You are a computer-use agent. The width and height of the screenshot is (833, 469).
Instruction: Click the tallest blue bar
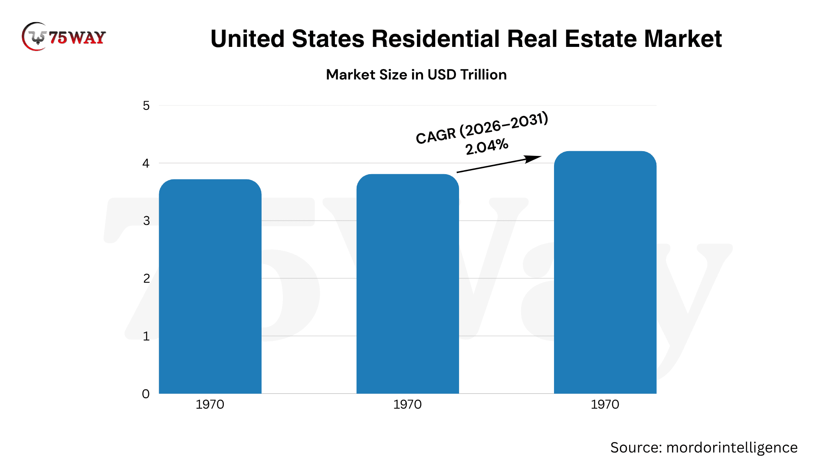tap(605, 272)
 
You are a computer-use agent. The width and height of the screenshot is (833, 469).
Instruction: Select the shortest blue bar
tap(210, 287)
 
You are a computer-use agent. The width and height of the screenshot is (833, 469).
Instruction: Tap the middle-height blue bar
tap(408, 284)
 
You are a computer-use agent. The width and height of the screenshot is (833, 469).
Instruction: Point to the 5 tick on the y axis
tap(146, 106)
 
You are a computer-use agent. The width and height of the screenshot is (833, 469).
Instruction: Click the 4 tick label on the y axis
tap(146, 163)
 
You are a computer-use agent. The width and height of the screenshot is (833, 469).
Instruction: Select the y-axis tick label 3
tap(146, 221)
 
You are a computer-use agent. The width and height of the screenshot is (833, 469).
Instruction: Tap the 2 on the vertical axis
tap(146, 278)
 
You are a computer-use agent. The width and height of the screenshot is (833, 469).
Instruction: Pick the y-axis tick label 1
tap(146, 336)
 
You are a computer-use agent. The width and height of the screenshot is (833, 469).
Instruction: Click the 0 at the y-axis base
tap(146, 394)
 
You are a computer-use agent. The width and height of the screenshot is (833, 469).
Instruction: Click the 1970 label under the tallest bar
tap(605, 404)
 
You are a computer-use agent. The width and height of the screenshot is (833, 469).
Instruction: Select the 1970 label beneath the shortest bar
tap(210, 404)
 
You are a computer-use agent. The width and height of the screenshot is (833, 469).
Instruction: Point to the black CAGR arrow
tap(499, 164)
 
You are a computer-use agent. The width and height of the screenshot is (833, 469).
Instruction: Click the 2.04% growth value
tap(487, 147)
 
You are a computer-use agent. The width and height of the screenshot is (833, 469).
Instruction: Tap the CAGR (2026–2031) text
tap(482, 128)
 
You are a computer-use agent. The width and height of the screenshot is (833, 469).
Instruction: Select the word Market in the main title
tap(683, 39)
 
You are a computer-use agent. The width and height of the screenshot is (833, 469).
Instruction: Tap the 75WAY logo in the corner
tap(64, 37)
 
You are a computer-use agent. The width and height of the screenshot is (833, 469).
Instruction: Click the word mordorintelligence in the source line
tap(732, 448)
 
